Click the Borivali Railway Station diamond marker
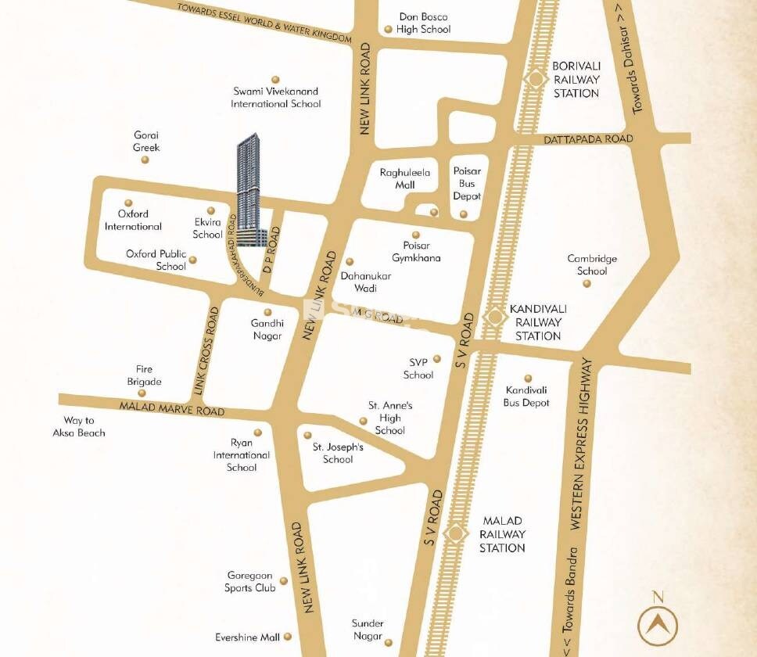pos(536,79)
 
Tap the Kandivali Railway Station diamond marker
pos(494,317)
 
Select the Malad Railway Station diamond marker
pos(454,533)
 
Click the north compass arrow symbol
pos(658,624)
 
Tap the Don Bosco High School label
pos(424,23)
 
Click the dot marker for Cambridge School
pos(587,283)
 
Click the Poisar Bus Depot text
pos(468,184)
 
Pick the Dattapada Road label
pos(588,138)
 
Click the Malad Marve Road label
pos(171,408)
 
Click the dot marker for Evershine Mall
pos(288,637)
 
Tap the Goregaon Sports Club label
pos(250,581)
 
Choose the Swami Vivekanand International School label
pos(275,98)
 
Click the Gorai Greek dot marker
pos(145,160)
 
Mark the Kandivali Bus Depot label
pos(527,397)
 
